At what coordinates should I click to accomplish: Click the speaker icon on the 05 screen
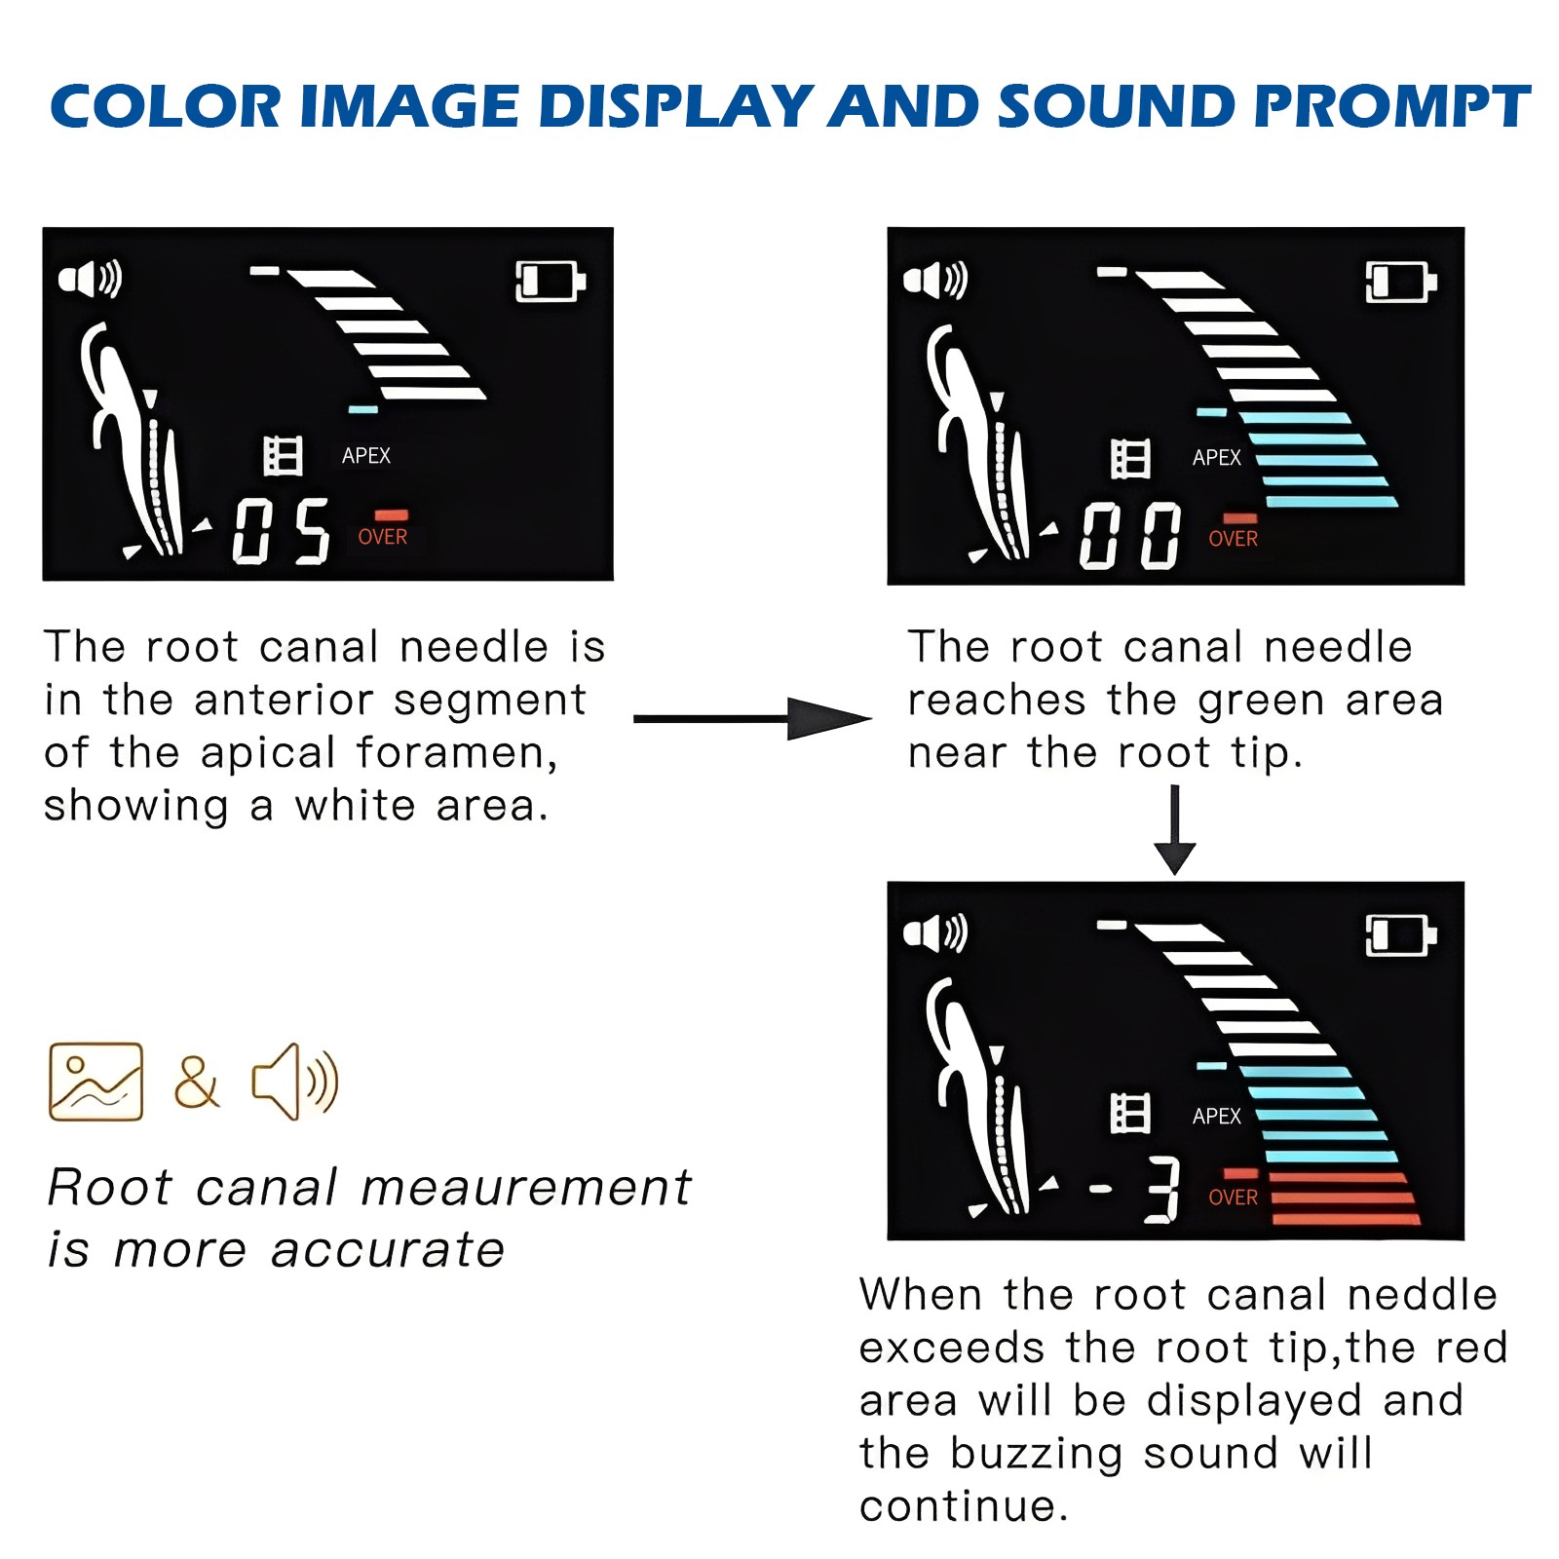pyautogui.click(x=90, y=280)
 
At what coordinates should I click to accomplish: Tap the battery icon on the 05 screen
pyautogui.click(x=551, y=282)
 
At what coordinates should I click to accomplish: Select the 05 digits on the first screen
pyautogui.click(x=282, y=531)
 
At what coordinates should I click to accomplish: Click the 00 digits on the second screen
pyautogui.click(x=1130, y=536)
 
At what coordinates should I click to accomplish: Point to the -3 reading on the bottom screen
pyautogui.click(x=1136, y=1190)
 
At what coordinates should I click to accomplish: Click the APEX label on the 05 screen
pyautogui.click(x=366, y=456)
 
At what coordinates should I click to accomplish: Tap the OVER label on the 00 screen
pyautogui.click(x=1233, y=539)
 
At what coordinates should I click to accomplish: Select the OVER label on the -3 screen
pyautogui.click(x=1233, y=1198)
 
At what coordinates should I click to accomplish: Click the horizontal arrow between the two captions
pyautogui.click(x=752, y=719)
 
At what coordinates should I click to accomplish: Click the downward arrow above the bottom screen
pyautogui.click(x=1175, y=830)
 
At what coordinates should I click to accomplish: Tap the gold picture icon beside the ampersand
pyautogui.click(x=96, y=1082)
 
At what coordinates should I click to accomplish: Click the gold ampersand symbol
pyautogui.click(x=197, y=1082)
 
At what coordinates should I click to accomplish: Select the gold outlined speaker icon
pyautogui.click(x=295, y=1082)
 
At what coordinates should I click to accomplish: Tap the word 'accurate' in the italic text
pyautogui.click(x=388, y=1249)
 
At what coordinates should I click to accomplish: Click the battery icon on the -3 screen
pyautogui.click(x=1401, y=936)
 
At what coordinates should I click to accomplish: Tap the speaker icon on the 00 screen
pyautogui.click(x=935, y=281)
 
